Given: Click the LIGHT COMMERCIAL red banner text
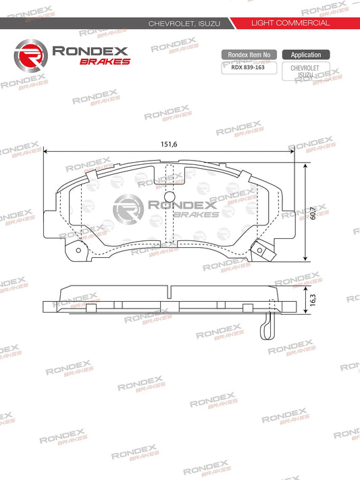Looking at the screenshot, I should [290, 23].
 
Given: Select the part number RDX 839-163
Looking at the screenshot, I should [248, 67].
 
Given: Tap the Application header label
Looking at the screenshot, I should [305, 54].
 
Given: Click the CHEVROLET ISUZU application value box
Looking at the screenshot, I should [305, 72].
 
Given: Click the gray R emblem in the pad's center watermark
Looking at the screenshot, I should [130, 208].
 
